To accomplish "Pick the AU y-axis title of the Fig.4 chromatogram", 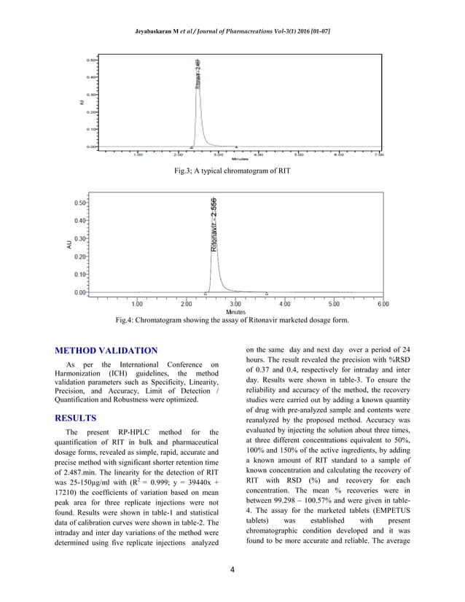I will pyautogui.click(x=70, y=246).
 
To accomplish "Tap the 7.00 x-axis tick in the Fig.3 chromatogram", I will pyautogui.click(x=379, y=155).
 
